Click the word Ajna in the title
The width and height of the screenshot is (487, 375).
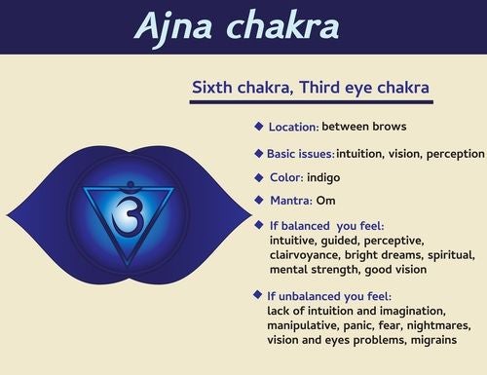click(x=176, y=28)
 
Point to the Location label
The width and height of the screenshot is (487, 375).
click(x=291, y=127)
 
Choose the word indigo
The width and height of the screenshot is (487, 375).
click(x=326, y=178)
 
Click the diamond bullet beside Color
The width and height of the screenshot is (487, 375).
click(x=259, y=176)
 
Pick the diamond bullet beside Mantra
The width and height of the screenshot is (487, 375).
click(x=259, y=200)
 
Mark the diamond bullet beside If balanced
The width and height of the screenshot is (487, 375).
click(x=259, y=225)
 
